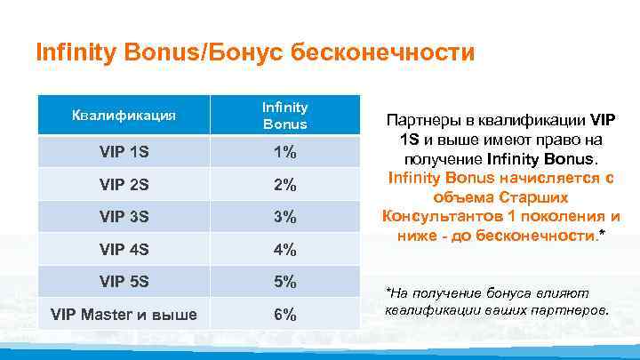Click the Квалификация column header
124,115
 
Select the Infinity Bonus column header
284,116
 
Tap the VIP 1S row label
124,152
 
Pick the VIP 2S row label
124,185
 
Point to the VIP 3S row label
124,217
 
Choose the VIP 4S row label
124,250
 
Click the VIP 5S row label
124,282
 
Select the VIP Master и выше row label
124,315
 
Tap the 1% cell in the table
284,152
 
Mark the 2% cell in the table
284,185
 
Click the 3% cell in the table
284,217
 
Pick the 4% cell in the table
284,250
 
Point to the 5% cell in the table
284,282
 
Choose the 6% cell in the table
284,315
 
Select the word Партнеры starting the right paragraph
426,120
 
